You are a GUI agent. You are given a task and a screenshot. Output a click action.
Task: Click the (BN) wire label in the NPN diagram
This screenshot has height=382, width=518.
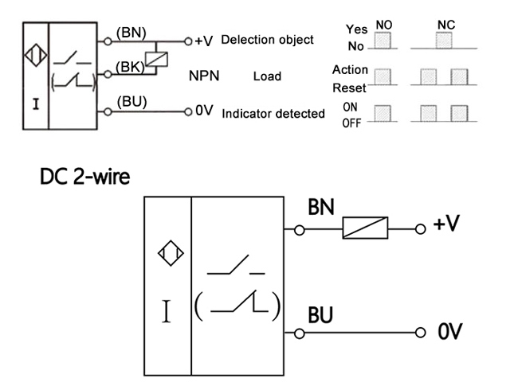[x=129, y=33]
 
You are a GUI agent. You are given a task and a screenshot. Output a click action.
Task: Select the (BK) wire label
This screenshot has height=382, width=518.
[x=129, y=68]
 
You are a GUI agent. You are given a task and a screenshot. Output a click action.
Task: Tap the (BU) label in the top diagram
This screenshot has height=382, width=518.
[x=131, y=102]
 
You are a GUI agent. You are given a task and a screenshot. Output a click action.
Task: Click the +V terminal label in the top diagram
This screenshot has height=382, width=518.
[x=203, y=41]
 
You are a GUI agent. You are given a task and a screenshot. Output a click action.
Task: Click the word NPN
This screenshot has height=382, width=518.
[x=204, y=77]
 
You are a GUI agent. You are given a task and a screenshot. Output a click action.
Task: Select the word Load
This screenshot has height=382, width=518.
[x=267, y=77]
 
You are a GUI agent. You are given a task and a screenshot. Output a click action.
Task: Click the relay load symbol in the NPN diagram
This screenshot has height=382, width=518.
[x=163, y=57]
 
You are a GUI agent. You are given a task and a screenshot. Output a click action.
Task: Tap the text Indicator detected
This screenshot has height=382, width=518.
[x=273, y=114]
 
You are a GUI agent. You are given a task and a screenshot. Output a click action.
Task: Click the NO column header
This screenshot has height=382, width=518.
[x=384, y=25]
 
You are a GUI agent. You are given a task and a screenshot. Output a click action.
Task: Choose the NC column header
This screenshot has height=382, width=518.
[x=446, y=25]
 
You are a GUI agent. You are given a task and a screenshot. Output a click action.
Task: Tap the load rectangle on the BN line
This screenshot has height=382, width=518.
[x=365, y=229]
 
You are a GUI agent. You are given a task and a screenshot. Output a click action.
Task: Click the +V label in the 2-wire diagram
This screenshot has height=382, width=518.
[x=446, y=224]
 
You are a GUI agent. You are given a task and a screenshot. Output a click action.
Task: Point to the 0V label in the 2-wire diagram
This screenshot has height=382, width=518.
[x=449, y=330]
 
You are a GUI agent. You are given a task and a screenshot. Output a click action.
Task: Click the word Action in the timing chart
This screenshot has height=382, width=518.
[x=350, y=70]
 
